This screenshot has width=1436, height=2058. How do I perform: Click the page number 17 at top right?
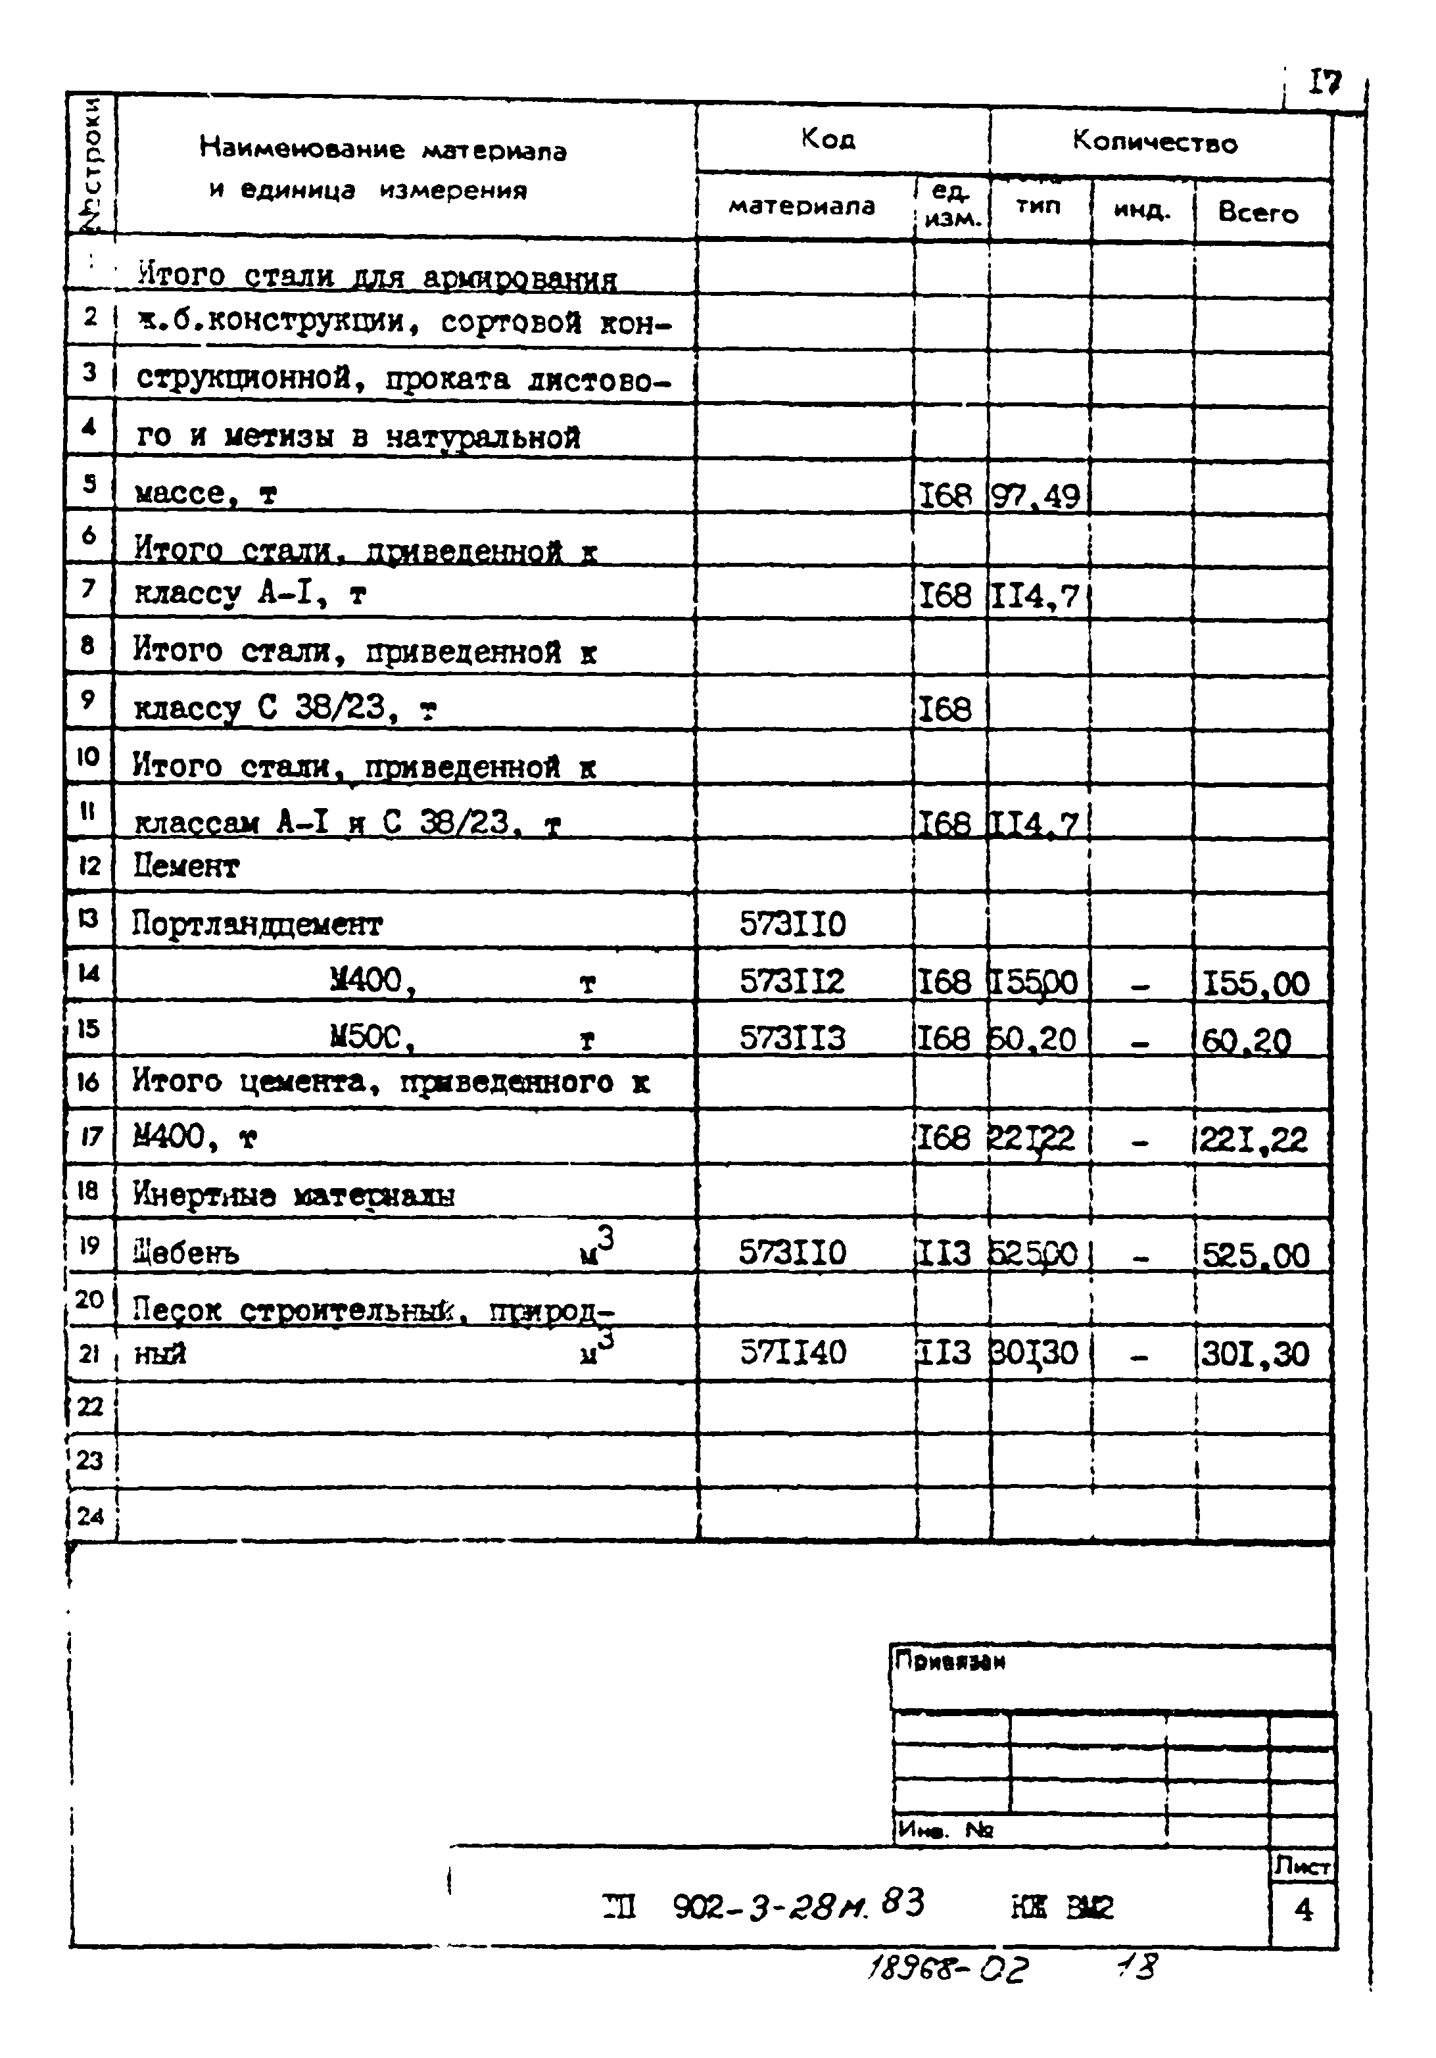[x=1324, y=84]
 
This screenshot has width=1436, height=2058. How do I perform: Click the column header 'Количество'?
[x=1155, y=141]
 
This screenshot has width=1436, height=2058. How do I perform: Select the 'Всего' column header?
[x=1258, y=212]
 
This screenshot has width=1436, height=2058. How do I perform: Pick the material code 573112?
[x=792, y=982]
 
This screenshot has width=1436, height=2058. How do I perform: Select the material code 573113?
[x=792, y=1038]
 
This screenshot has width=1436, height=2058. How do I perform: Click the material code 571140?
[x=792, y=1352]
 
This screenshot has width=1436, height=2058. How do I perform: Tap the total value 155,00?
[x=1255, y=984]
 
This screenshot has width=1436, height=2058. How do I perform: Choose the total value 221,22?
[x=1253, y=1140]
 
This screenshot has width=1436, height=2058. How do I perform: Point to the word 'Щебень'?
[x=187, y=1252]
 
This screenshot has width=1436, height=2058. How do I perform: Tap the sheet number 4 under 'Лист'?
[x=1303, y=1910]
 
